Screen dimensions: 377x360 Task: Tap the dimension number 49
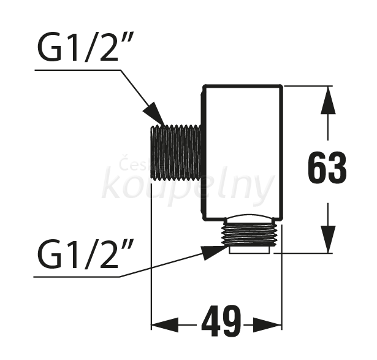[x=221, y=321]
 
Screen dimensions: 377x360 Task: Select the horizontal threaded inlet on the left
[x=176, y=153]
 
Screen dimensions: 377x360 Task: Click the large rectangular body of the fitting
[x=242, y=152]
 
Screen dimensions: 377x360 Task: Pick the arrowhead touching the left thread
[x=154, y=114]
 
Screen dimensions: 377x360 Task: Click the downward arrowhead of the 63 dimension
[x=328, y=239]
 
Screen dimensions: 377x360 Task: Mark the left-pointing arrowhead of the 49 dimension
[x=165, y=325]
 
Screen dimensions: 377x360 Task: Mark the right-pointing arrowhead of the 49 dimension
[x=267, y=325]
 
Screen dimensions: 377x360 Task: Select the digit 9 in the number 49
[x=231, y=321]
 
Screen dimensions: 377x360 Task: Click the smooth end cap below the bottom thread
[x=249, y=250]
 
